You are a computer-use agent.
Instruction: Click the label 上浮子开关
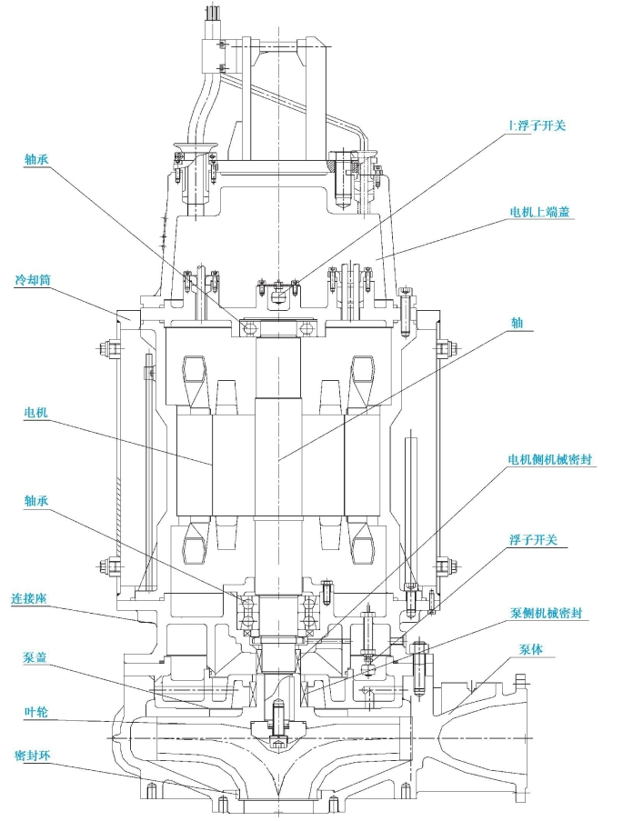pyautogui.click(x=537, y=125)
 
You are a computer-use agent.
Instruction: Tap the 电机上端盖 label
pyautogui.click(x=540, y=212)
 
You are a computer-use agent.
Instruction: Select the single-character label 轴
pyautogui.click(x=517, y=323)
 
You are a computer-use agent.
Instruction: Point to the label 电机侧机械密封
pyautogui.click(x=549, y=459)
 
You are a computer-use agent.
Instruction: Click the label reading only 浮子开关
pyautogui.click(x=533, y=540)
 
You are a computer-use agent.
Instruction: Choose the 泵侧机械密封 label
pyautogui.click(x=546, y=613)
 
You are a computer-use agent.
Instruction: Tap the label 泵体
pyautogui.click(x=530, y=649)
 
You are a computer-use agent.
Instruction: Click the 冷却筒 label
pyautogui.click(x=33, y=280)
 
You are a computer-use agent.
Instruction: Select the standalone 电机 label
pyautogui.click(x=35, y=412)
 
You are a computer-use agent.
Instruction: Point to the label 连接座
pyautogui.click(x=29, y=598)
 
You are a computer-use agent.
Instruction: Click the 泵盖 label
pyautogui.click(x=35, y=657)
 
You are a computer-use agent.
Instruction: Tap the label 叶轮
pyautogui.click(x=36, y=712)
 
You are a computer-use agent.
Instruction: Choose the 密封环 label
pyautogui.click(x=33, y=756)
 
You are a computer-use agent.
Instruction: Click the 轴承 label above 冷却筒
pyautogui.click(x=36, y=159)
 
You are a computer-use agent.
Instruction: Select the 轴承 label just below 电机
pyautogui.click(x=36, y=501)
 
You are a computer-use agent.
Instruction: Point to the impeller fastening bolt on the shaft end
pyautogui.click(x=277, y=721)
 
